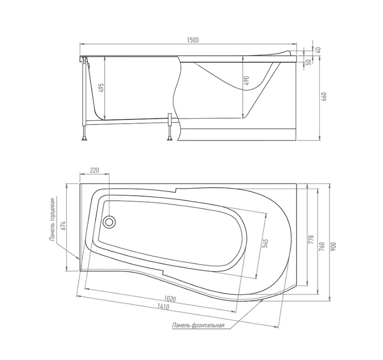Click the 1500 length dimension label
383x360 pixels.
[193, 40]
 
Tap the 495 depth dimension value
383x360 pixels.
[101, 88]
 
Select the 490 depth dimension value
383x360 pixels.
[247, 81]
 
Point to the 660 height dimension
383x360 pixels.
[325, 97]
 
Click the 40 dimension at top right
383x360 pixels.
[318, 50]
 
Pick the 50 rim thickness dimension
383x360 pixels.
[309, 62]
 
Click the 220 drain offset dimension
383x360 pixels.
[94, 170]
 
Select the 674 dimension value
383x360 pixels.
[64, 226]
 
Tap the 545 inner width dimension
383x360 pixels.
[266, 243]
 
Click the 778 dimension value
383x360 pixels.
[311, 240]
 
